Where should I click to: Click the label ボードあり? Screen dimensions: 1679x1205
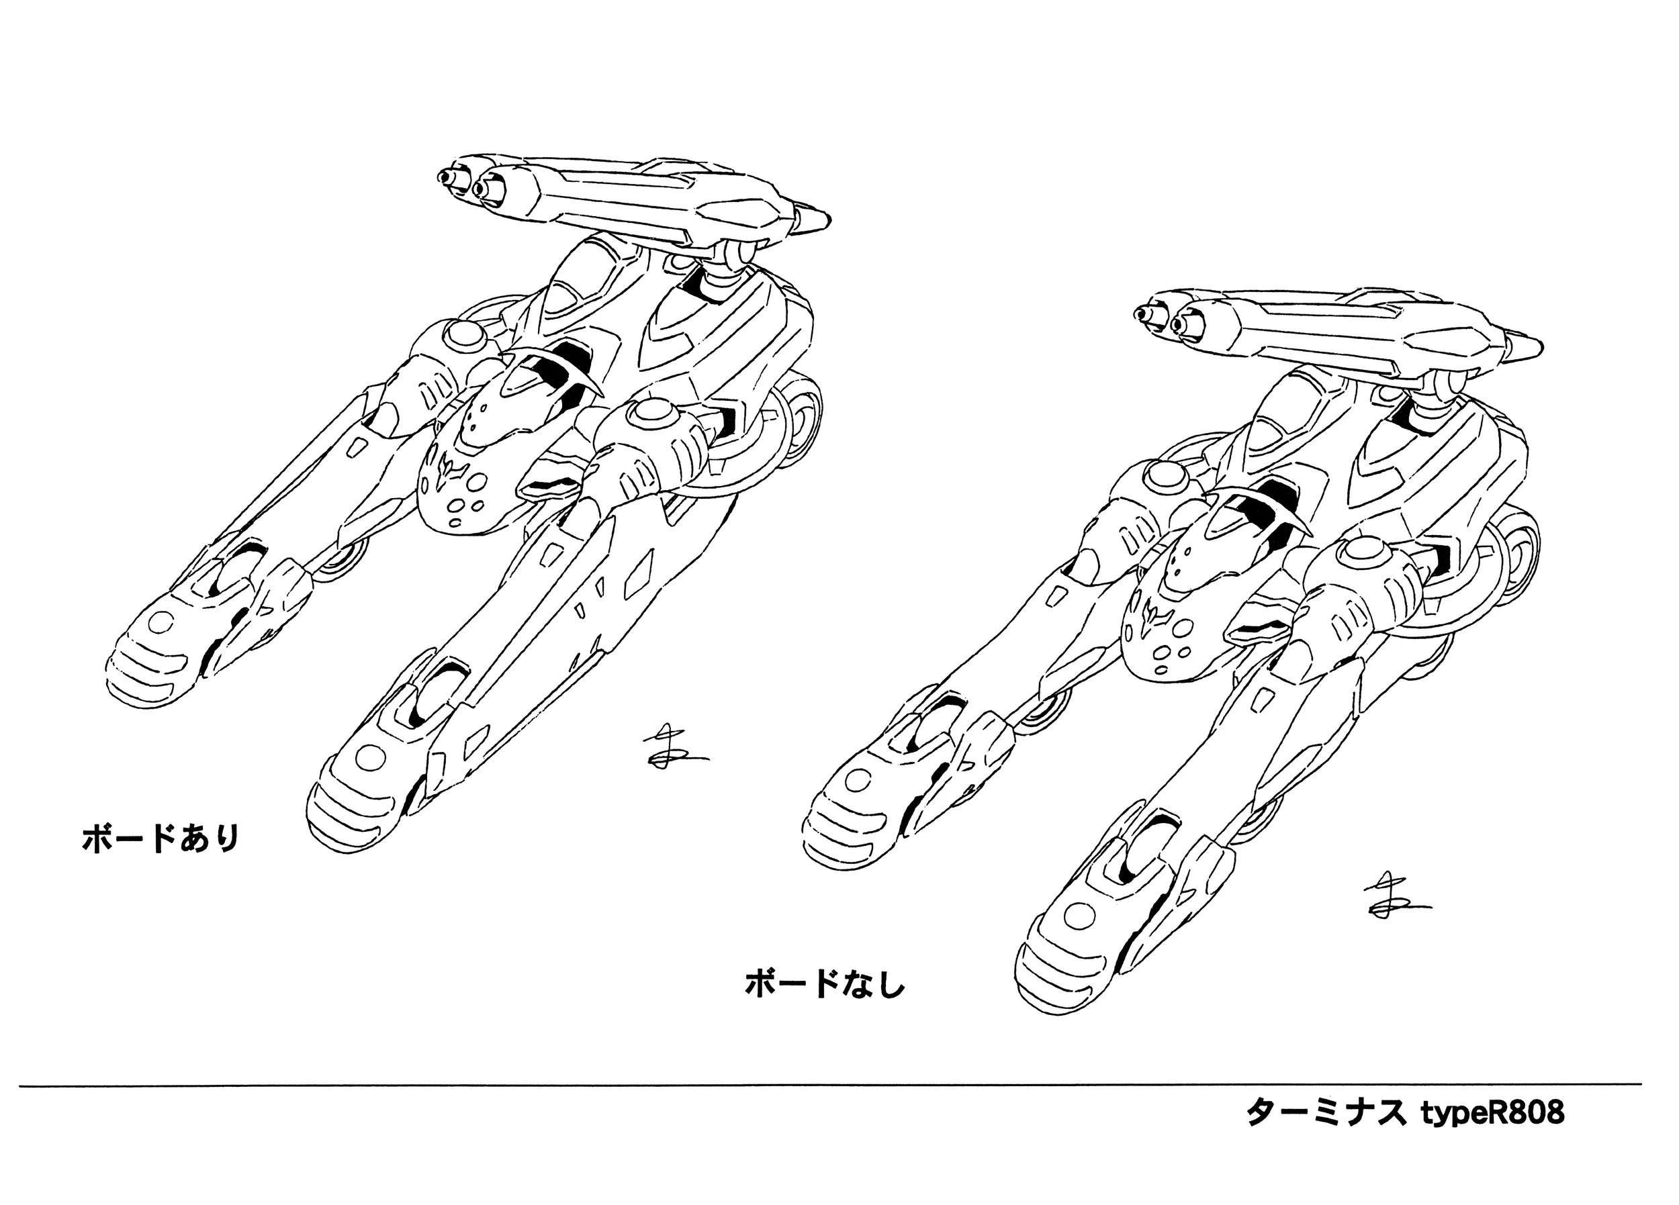[161, 839]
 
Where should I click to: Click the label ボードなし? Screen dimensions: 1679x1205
[825, 984]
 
